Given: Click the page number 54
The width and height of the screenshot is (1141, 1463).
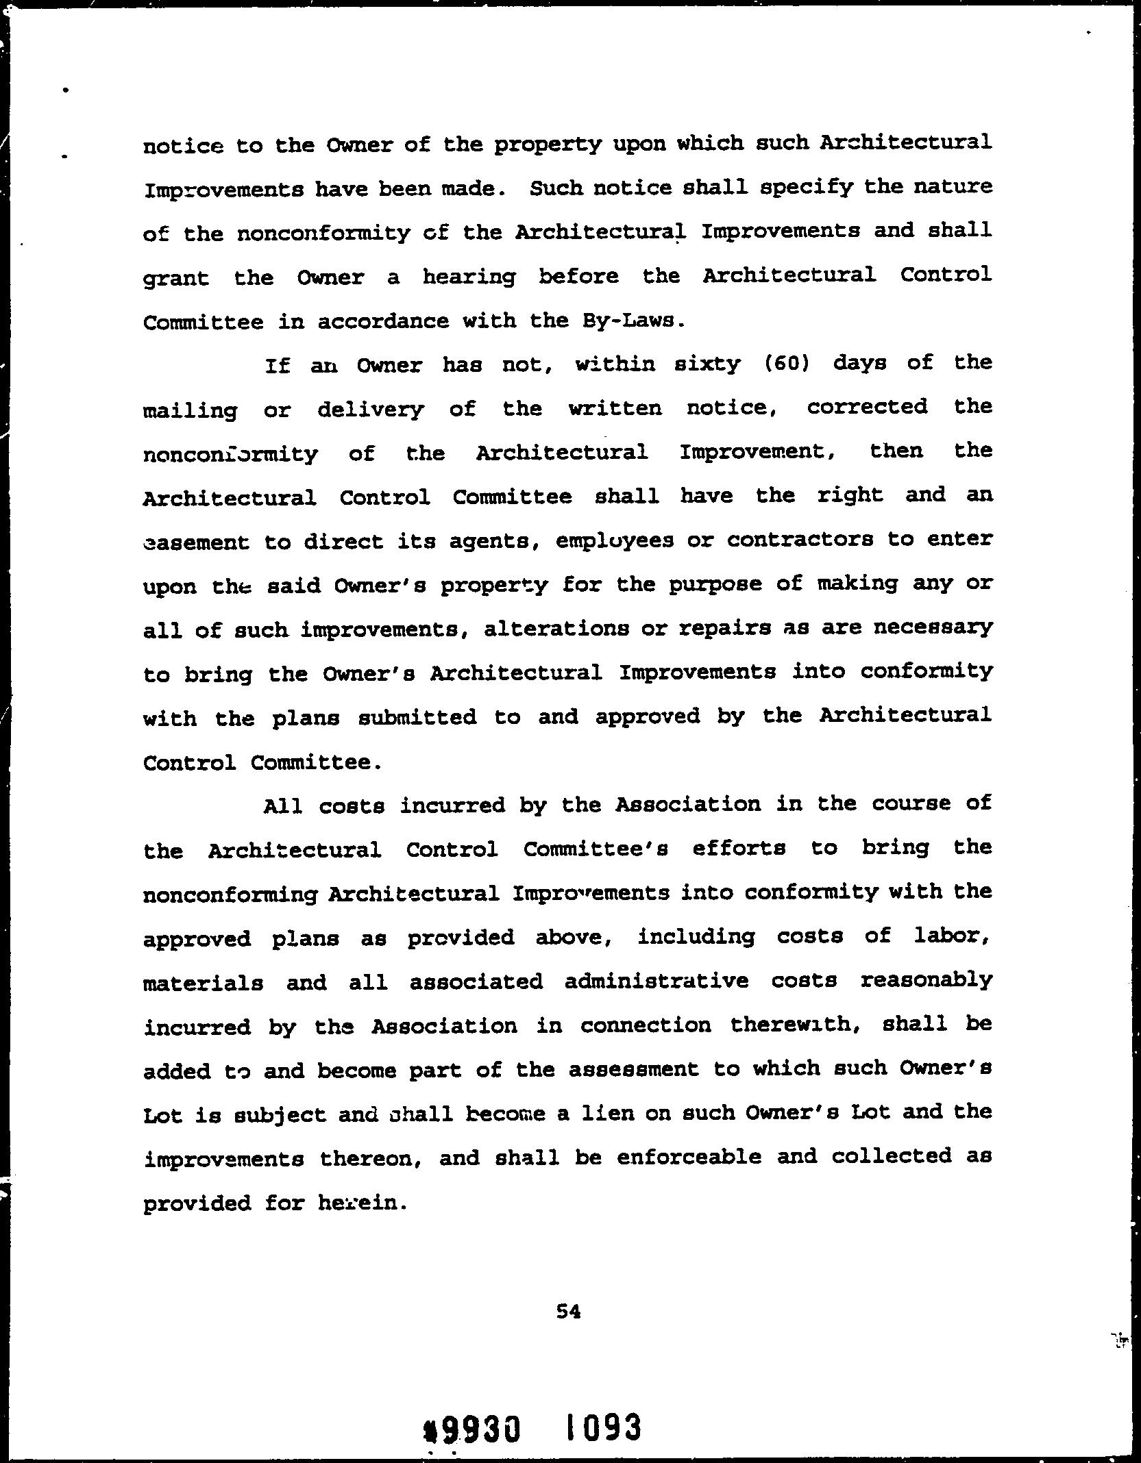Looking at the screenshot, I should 569,1312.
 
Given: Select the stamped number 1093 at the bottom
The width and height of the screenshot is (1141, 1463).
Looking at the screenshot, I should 604,1427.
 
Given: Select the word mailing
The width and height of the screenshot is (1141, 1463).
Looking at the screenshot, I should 191,410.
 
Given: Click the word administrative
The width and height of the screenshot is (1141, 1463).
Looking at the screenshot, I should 657,981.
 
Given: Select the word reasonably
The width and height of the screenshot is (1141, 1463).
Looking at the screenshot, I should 926,981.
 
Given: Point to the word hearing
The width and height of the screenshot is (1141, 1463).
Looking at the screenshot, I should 469,277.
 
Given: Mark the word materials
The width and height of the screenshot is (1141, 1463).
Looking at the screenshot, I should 203,983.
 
